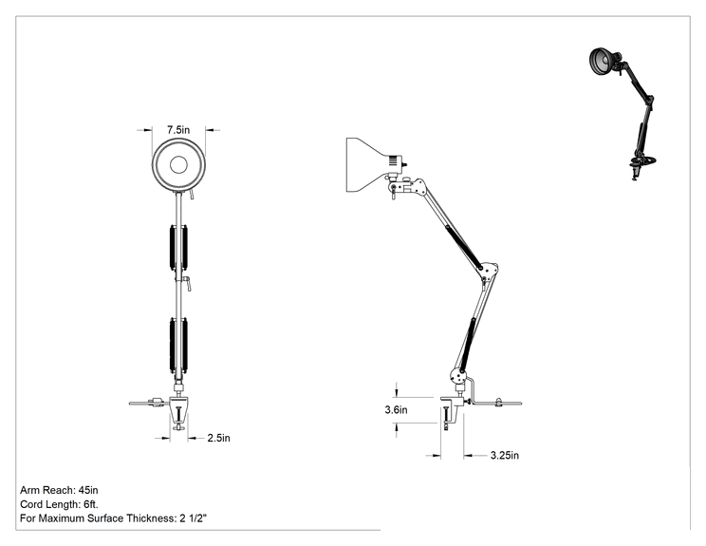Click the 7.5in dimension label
pyautogui.click(x=178, y=130)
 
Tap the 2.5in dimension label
pyautogui.click(x=219, y=438)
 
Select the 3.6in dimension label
pyautogui.click(x=397, y=410)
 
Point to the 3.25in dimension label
pyautogui.click(x=505, y=456)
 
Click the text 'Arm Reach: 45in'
pyautogui.click(x=59, y=490)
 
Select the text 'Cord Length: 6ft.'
pyautogui.click(x=59, y=504)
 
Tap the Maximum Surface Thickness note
pyautogui.click(x=114, y=518)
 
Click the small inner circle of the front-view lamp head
pyautogui.click(x=178, y=165)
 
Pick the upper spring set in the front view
pyautogui.click(x=178, y=247)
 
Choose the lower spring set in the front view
pyautogui.click(x=178, y=345)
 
